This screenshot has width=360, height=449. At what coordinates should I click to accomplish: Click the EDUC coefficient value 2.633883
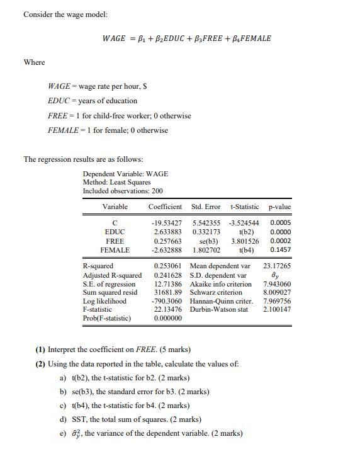click(167, 232)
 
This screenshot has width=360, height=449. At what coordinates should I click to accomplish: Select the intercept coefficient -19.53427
click(166, 223)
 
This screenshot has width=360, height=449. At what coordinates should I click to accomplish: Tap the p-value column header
click(280, 207)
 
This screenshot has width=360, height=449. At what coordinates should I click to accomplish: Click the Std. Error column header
click(205, 207)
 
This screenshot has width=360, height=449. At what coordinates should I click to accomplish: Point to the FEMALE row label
click(115, 250)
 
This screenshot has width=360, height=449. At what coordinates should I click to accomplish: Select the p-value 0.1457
click(280, 250)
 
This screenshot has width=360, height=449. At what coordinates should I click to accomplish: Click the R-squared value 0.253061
click(167, 266)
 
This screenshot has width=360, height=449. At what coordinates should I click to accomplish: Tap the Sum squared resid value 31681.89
click(167, 292)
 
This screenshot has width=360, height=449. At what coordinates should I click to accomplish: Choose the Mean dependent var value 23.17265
click(277, 266)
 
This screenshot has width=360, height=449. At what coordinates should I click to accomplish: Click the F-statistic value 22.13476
click(167, 309)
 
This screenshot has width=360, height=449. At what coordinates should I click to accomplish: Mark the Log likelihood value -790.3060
click(166, 301)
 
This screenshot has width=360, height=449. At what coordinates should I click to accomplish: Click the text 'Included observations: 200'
click(122, 191)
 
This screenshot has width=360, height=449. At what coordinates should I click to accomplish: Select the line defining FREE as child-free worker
click(119, 116)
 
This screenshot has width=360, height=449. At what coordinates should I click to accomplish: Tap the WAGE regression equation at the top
click(187, 38)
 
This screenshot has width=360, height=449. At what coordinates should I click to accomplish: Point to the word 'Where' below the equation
click(34, 62)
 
